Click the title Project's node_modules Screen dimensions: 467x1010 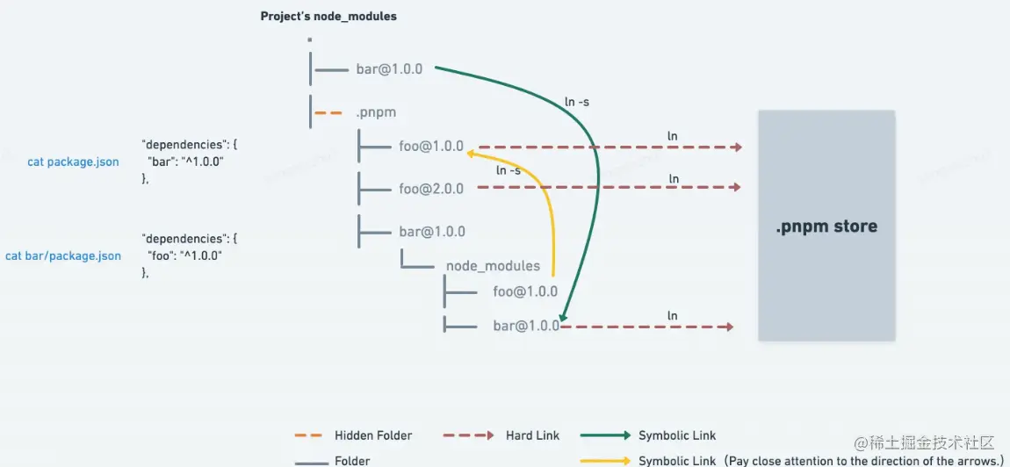tap(328, 16)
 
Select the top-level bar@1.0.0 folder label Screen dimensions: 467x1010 tap(389, 68)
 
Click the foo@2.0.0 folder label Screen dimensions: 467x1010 tap(430, 188)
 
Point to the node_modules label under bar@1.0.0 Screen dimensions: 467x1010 tap(493, 265)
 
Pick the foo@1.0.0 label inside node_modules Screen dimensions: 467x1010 tap(525, 291)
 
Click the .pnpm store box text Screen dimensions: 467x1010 tap(826, 226)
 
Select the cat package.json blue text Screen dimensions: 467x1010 tap(73, 162)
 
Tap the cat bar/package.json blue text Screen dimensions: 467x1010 tap(63, 255)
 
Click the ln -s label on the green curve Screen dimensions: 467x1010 tap(577, 102)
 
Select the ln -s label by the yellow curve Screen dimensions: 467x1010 tap(509, 170)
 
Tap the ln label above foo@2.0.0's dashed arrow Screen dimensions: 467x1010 tap(674, 179)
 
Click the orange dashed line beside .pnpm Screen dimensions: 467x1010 tap(328, 112)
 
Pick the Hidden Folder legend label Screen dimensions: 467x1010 tap(373, 435)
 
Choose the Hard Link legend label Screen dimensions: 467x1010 tap(532, 435)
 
